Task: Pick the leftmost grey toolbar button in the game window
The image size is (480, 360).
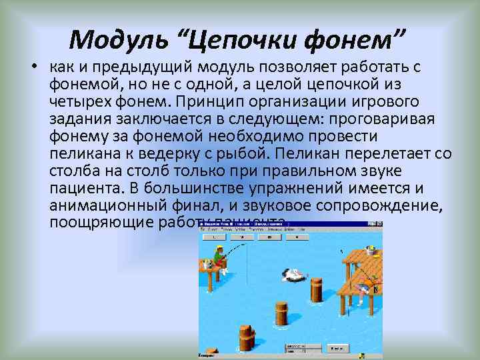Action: tap(212, 236)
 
